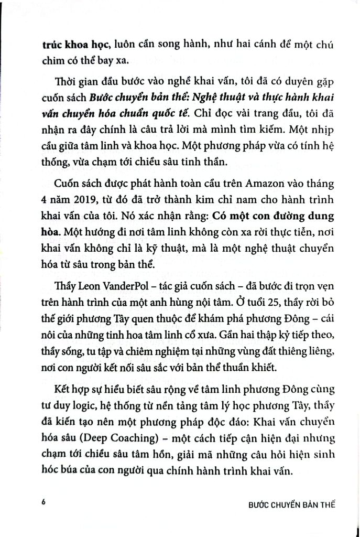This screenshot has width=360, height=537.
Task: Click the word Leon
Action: point(85,288)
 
